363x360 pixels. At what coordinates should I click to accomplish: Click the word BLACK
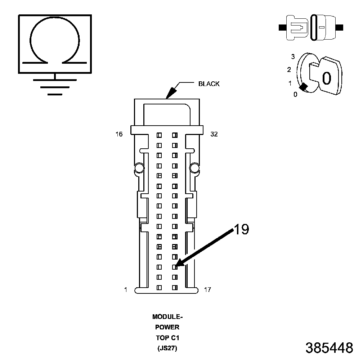coord(209,84)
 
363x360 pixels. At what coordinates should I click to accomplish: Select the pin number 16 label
coord(119,134)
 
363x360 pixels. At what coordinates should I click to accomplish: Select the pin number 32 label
coord(214,134)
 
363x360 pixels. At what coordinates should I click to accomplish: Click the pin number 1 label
coord(126,289)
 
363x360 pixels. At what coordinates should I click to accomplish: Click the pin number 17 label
coord(207,289)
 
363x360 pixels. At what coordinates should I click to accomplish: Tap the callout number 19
coord(242,229)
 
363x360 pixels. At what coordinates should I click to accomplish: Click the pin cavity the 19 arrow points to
coord(175,267)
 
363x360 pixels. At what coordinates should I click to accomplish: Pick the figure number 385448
coord(329,348)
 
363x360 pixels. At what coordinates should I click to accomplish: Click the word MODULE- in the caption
coord(167,317)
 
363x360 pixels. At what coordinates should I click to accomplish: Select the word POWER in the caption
coord(167,328)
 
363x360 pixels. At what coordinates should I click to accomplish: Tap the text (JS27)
coord(167,348)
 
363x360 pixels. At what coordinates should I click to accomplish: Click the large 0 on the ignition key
coord(326,78)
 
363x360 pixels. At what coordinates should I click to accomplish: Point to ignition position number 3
coord(293,57)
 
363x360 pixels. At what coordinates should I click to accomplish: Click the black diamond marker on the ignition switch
coord(303,87)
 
